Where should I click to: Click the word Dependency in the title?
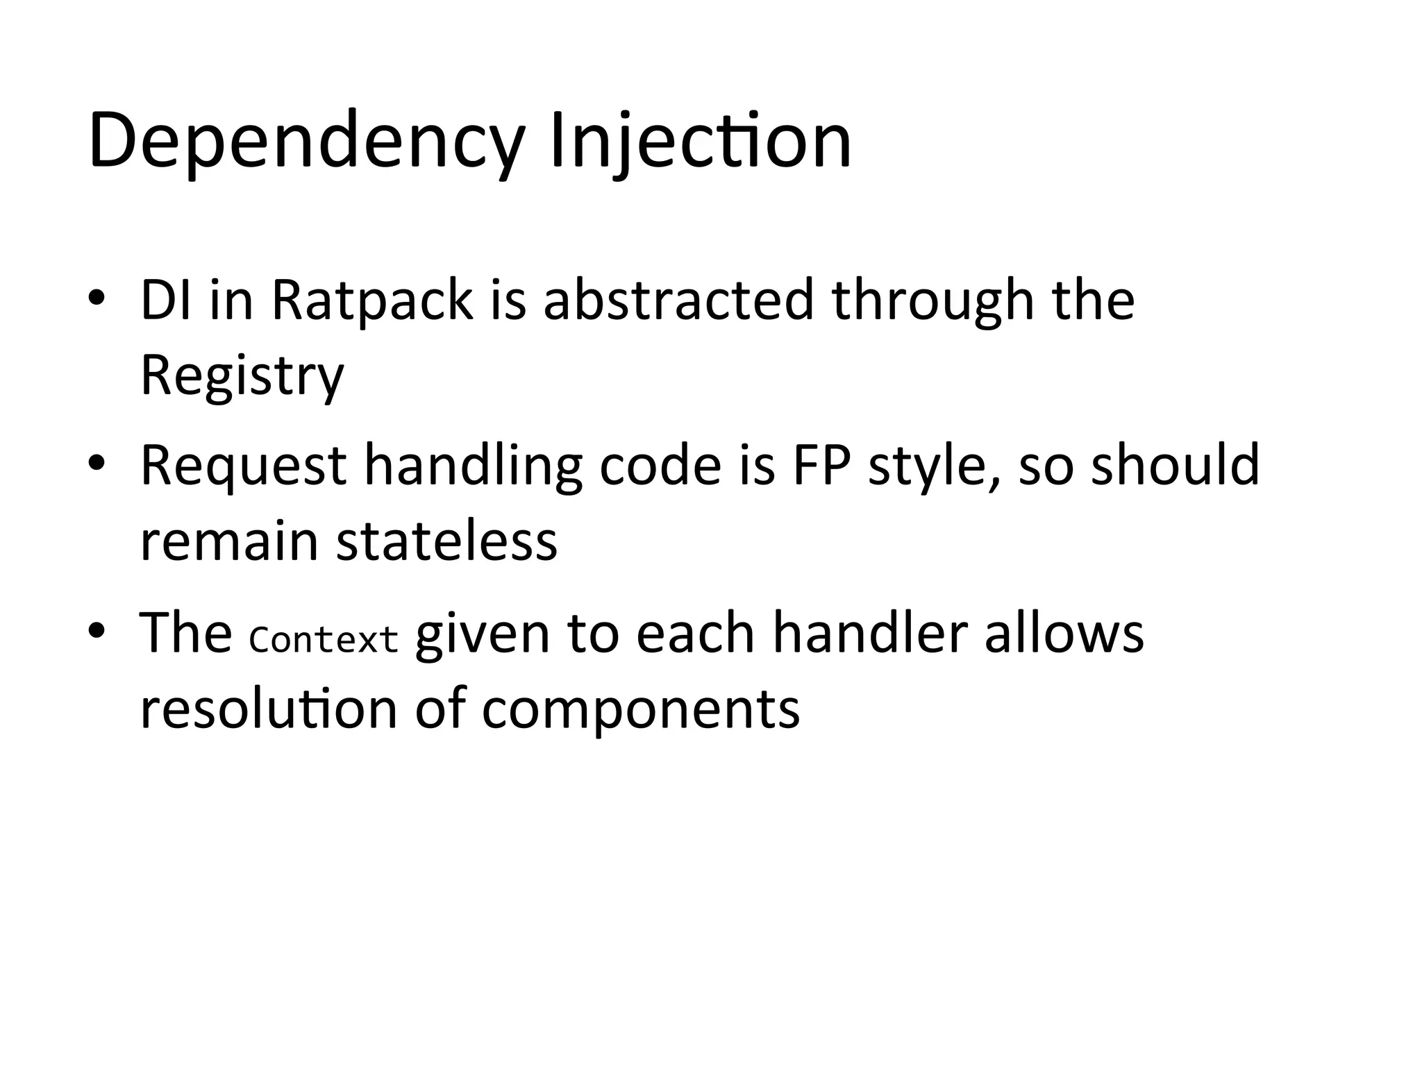[306, 142]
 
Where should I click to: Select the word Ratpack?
[372, 300]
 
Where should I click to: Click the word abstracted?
[678, 300]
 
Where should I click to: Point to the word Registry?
[242, 375]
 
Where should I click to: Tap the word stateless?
[446, 541]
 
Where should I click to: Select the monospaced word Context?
[324, 639]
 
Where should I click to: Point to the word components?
[640, 710]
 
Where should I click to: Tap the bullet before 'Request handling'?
[97, 464]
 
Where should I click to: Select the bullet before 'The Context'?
[97, 630]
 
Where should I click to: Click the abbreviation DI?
[166, 300]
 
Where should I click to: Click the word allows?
[1064, 632]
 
